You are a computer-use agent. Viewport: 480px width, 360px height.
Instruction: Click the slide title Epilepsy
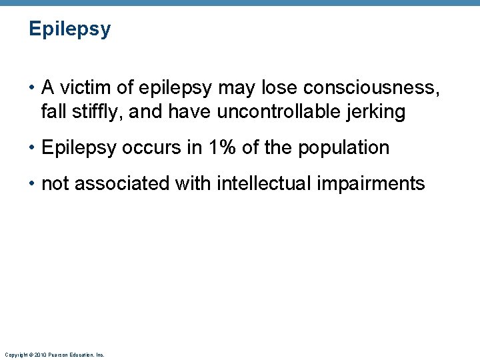[x=70, y=30]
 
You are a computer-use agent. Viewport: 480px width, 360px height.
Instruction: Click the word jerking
[x=377, y=112]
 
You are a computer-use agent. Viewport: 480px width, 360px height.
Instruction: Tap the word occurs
[x=150, y=147]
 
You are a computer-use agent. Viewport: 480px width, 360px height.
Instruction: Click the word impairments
[x=379, y=183]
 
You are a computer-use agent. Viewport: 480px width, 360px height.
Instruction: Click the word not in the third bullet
[x=55, y=183]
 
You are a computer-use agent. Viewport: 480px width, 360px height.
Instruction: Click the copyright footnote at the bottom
[x=54, y=355]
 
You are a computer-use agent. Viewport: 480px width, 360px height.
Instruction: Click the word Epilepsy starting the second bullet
[x=79, y=148]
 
